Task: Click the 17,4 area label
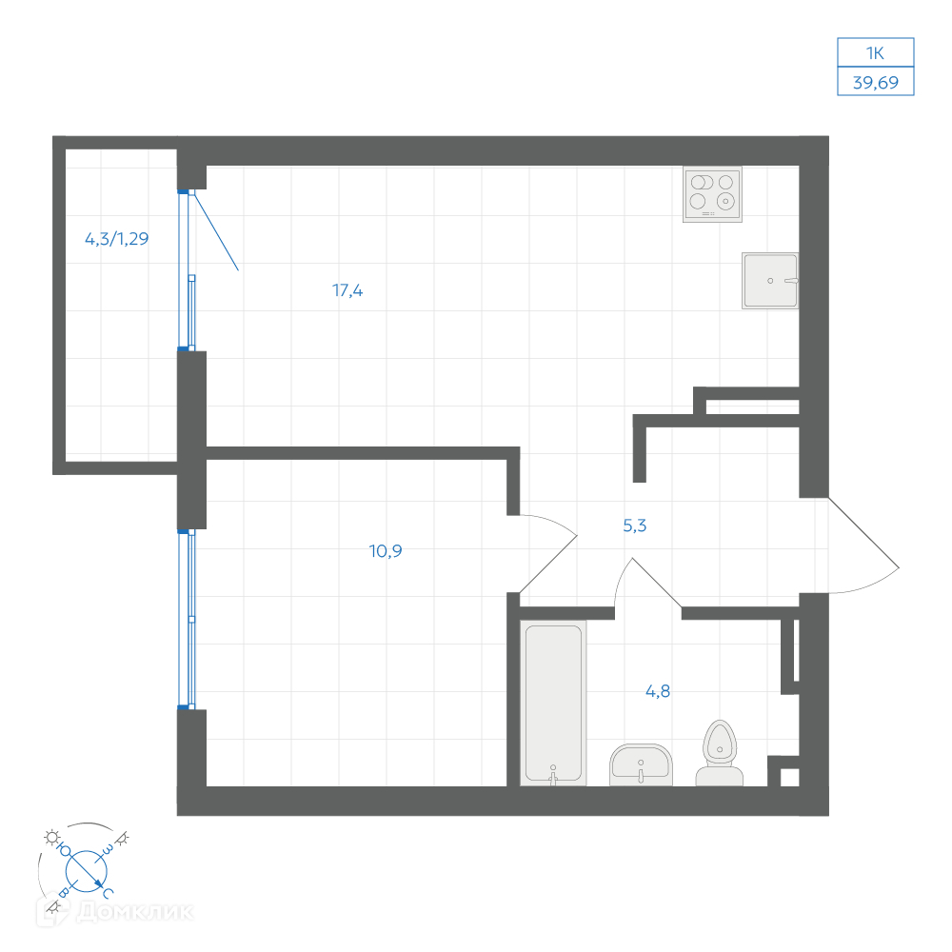[x=347, y=290]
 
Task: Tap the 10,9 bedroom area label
[x=386, y=550]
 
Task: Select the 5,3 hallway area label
[x=634, y=526]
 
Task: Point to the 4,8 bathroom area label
[x=658, y=691]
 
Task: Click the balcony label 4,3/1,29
[x=116, y=239]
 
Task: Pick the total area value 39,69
[x=876, y=82]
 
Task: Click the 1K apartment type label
[x=875, y=52]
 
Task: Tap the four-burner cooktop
[x=712, y=194]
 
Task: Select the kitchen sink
[x=770, y=281]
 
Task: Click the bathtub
[x=553, y=704]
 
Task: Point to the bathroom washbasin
[x=641, y=765]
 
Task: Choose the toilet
[x=720, y=753]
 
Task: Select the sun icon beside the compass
[x=52, y=838]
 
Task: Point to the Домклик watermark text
[x=135, y=911]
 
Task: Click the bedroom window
[x=187, y=619]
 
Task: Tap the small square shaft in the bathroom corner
[x=789, y=777]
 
